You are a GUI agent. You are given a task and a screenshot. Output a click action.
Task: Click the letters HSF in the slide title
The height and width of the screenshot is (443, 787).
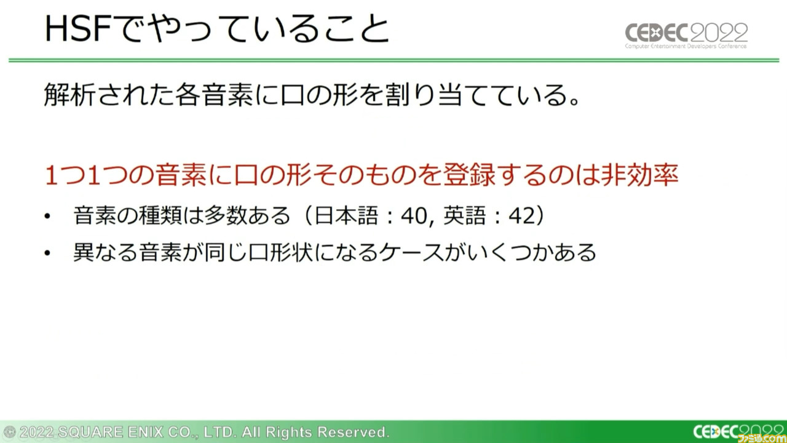click(79, 29)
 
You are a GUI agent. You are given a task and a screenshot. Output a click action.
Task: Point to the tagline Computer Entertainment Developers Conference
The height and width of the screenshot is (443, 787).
click(686, 46)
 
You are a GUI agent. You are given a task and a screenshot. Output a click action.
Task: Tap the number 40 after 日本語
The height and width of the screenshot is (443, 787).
click(414, 215)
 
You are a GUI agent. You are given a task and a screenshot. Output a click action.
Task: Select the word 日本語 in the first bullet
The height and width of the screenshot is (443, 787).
click(346, 215)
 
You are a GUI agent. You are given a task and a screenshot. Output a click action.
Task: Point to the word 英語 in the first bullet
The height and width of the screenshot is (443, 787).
click(464, 215)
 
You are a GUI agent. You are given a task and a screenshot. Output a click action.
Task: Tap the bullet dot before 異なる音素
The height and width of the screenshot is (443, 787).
click(47, 253)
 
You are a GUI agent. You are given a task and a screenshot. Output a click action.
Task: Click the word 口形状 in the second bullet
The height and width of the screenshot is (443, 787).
click(280, 252)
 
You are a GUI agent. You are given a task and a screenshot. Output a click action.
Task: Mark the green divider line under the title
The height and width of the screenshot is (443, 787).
click(393, 60)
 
